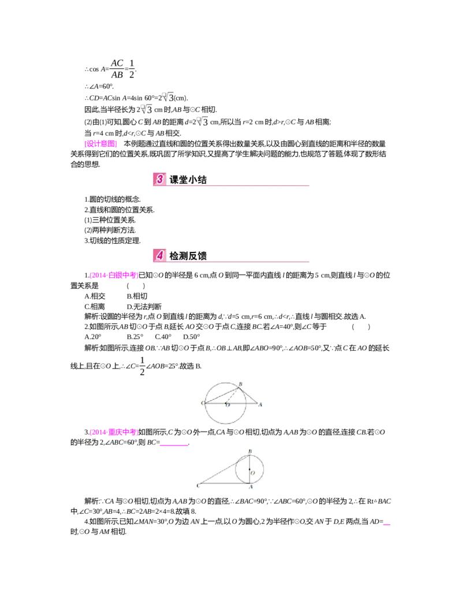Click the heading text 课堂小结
pos(188,180)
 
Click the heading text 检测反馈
pos(188,256)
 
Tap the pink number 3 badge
pos(159,179)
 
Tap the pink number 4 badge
pos(159,255)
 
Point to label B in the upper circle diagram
pos(240,384)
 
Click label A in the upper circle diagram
pos(260,404)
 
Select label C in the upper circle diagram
pos(202,403)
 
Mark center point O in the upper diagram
pos(226,403)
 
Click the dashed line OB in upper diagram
pos(232,395)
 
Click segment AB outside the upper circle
pos(249,396)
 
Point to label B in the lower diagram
pos(249,451)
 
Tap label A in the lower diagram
pos(250,488)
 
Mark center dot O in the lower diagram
pos(249,469)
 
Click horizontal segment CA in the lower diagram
pos(222,482)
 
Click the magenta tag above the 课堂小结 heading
pos(102,143)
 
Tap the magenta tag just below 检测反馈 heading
pos(113,276)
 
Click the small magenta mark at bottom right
pos(388,525)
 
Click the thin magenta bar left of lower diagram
pos(173,446)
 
